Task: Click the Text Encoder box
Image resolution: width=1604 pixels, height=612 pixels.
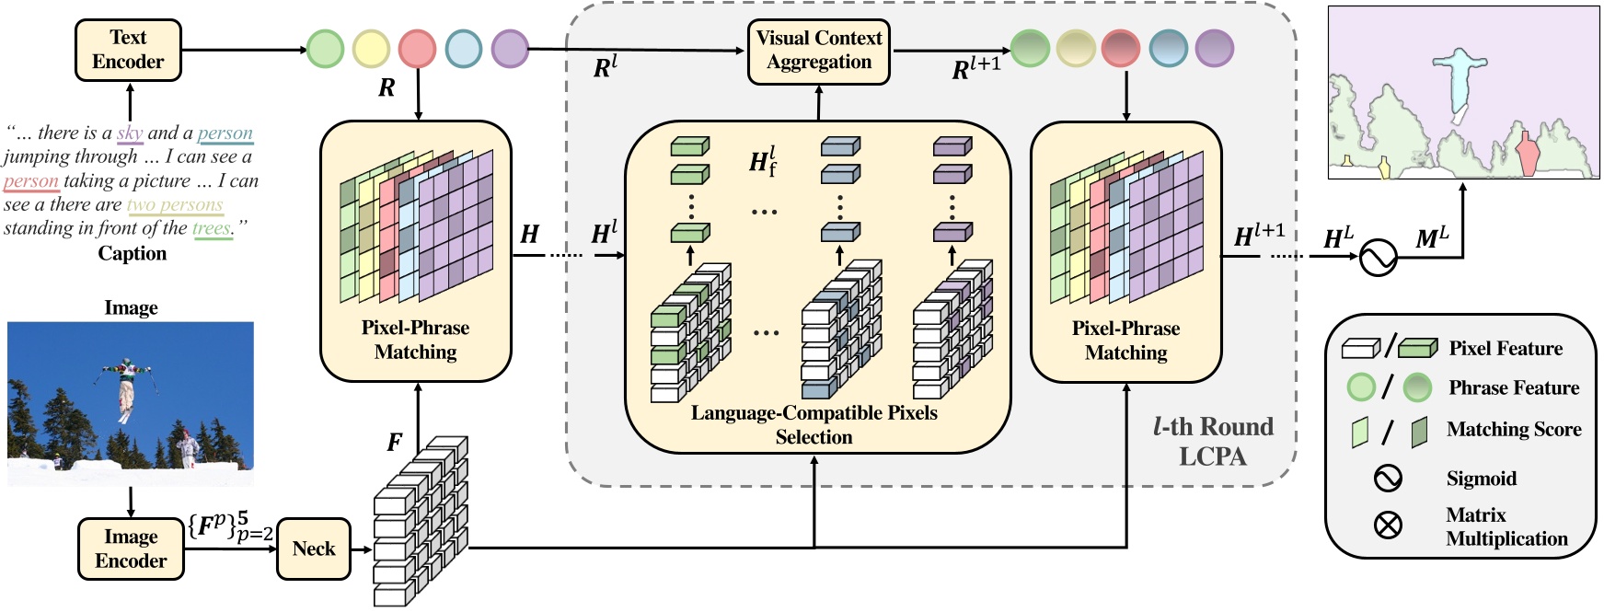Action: (x=128, y=50)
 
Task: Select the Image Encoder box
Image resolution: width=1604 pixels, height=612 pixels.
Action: (x=131, y=549)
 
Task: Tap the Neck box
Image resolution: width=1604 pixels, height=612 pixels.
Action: (x=314, y=549)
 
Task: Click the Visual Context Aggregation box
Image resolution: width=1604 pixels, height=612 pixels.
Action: (x=819, y=51)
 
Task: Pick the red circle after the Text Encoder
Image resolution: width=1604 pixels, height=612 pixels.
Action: (x=417, y=49)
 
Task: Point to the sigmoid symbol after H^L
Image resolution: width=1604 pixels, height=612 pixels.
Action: (x=1378, y=258)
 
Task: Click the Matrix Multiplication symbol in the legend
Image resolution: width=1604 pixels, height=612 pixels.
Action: (x=1388, y=525)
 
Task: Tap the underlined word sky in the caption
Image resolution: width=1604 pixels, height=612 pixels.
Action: (x=130, y=133)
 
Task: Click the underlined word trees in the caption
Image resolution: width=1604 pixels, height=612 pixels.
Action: (x=212, y=228)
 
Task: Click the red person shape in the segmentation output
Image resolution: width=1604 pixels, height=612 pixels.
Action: (x=1527, y=154)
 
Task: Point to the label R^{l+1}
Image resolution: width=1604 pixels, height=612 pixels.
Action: (x=975, y=68)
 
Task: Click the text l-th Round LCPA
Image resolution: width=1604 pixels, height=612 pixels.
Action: (x=1213, y=441)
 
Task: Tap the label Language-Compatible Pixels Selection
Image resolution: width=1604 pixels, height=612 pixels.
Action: (x=814, y=425)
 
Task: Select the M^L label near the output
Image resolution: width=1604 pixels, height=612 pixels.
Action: (x=1431, y=238)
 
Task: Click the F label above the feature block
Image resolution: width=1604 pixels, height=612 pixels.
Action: (x=394, y=443)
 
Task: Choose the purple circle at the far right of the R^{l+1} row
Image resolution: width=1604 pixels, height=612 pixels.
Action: (x=1215, y=49)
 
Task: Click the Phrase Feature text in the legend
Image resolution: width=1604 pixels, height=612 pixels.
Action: (x=1514, y=388)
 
